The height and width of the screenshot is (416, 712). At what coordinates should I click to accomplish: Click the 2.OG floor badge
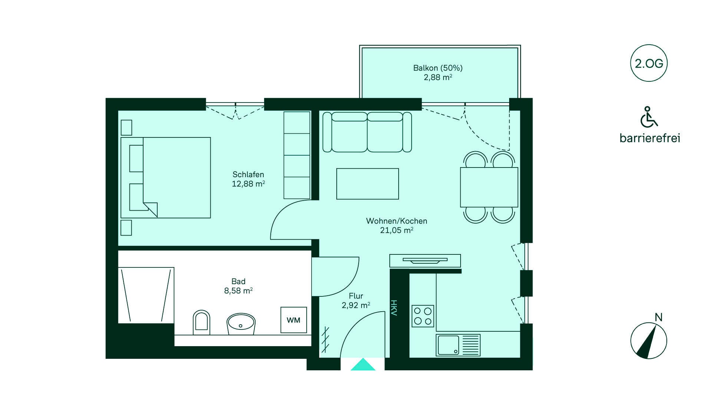(649, 63)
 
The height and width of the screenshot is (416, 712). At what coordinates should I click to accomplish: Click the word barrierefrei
(650, 138)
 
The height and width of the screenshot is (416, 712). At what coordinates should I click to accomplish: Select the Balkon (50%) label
(438, 68)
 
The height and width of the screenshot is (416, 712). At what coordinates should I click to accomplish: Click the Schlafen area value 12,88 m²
(248, 184)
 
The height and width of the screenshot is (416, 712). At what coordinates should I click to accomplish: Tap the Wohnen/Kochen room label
(396, 221)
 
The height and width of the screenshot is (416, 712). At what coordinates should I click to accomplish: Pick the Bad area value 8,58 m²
(238, 291)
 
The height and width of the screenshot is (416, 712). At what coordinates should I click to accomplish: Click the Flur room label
(356, 296)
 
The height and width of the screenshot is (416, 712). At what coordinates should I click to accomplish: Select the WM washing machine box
(294, 320)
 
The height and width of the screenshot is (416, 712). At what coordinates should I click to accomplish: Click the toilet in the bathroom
(201, 322)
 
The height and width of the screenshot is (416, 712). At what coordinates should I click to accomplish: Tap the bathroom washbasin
(241, 324)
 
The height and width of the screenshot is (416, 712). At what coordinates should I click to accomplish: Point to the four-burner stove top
(423, 316)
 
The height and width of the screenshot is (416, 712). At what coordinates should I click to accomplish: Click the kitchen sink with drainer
(458, 345)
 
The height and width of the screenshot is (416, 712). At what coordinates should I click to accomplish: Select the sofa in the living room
(367, 132)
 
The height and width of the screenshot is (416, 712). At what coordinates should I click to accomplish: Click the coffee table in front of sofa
(367, 184)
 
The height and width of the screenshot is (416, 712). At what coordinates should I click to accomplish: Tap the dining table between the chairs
(489, 187)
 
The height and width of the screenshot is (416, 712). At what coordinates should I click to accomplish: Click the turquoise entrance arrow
(363, 364)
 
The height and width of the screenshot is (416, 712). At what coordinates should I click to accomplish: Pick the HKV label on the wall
(394, 308)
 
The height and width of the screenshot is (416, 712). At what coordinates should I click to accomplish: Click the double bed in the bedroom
(166, 178)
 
